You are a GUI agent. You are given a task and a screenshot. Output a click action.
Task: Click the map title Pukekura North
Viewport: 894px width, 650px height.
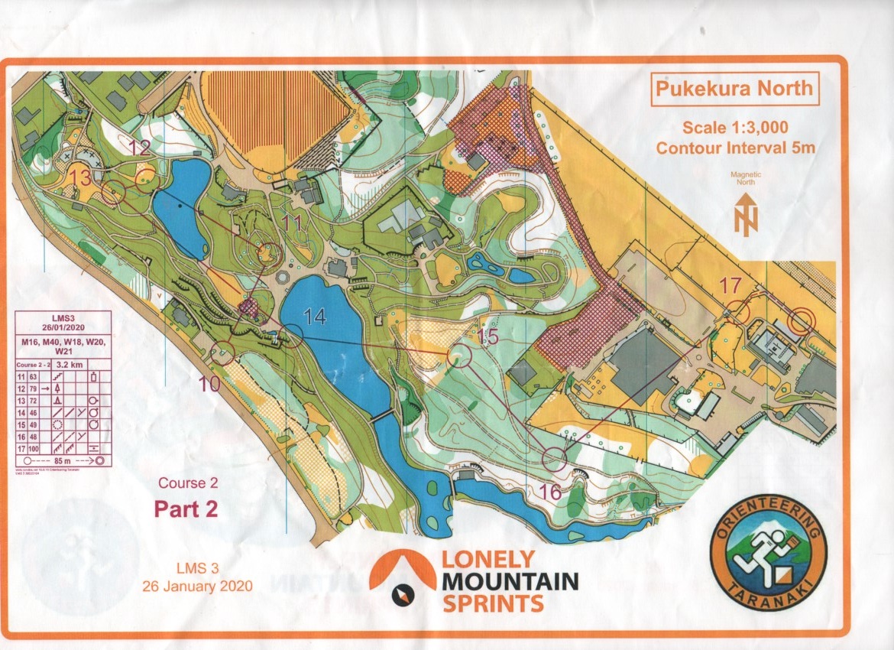click(x=732, y=89)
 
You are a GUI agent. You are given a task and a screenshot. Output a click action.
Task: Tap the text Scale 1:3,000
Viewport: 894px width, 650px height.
click(x=735, y=127)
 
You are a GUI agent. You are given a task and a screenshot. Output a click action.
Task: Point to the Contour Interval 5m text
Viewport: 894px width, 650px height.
click(x=735, y=148)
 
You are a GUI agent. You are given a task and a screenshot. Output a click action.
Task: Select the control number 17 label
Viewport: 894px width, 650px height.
click(x=730, y=286)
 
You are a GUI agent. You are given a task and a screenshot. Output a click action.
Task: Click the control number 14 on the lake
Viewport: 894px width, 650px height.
click(x=316, y=315)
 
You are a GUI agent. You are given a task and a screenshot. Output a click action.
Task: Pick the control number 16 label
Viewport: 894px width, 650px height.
click(x=550, y=492)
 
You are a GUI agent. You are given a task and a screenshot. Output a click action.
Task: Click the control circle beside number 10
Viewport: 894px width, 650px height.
click(x=222, y=352)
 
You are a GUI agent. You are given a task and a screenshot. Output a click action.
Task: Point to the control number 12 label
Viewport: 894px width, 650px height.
click(x=139, y=149)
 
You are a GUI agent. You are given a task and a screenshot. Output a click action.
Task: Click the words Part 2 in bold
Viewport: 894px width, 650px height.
click(x=186, y=509)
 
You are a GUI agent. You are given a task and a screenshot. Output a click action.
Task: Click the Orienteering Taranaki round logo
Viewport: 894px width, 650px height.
click(x=768, y=553)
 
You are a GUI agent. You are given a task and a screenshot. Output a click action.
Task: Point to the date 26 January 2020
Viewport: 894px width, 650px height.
click(x=197, y=587)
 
